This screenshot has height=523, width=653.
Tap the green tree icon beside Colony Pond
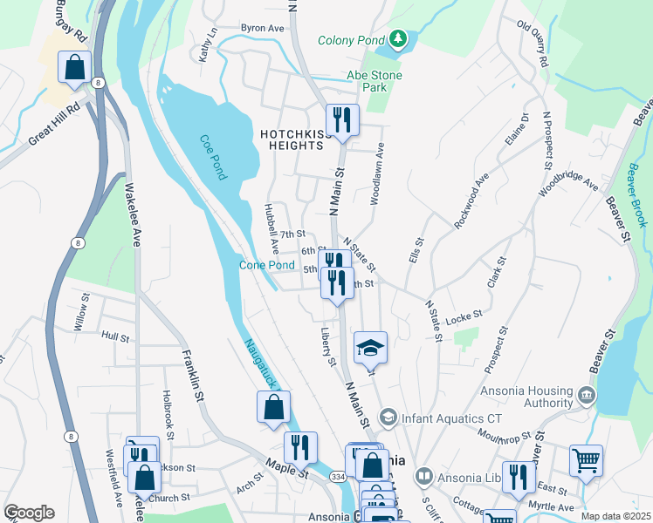point(398,39)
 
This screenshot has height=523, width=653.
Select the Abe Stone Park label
point(375,82)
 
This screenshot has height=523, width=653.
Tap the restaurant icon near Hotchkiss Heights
point(341,120)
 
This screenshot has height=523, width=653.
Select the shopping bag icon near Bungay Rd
point(75,67)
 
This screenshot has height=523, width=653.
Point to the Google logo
point(29,513)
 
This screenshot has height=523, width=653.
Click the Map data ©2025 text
point(616,516)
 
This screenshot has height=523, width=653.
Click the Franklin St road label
point(192,376)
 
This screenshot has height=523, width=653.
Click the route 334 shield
point(336,478)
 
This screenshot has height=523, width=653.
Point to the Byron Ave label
point(263,28)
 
